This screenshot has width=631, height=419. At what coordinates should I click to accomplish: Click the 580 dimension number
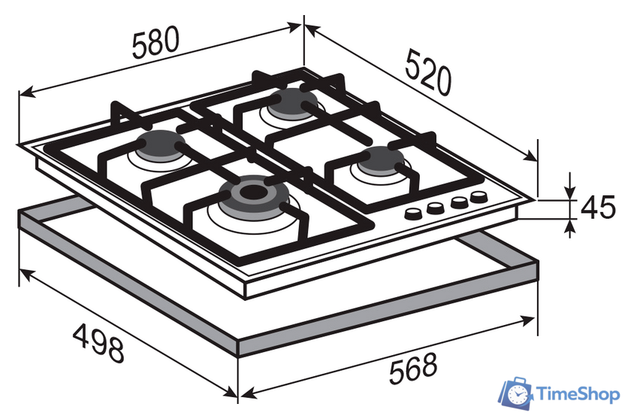click(155, 42)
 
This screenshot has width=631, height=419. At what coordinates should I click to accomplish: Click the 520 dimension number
click(428, 72)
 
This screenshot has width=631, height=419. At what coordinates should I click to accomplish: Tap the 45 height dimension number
click(598, 208)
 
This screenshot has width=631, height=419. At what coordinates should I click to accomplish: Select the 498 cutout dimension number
click(98, 343)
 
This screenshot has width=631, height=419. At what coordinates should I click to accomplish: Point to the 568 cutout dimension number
click(413, 369)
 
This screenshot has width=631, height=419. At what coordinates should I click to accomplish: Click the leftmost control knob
click(412, 213)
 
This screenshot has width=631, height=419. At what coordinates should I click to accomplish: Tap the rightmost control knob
click(479, 196)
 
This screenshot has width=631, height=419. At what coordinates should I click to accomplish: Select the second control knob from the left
click(436, 208)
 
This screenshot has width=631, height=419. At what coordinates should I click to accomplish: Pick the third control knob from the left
click(459, 202)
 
